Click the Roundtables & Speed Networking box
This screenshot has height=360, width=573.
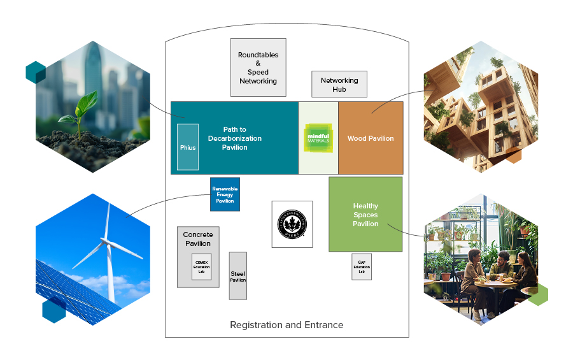coord(258,68)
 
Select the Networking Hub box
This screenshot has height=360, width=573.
coord(339,84)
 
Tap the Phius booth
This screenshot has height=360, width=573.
coord(188,147)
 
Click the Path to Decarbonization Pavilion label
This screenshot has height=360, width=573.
coord(234,138)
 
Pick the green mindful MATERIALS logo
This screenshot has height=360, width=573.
coord(318,138)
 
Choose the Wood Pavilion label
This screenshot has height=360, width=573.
coord(371,138)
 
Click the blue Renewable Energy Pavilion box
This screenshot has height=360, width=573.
coord(225,194)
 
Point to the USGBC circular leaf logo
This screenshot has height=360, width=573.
coord(292,224)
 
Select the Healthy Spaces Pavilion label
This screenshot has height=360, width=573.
coord(365,215)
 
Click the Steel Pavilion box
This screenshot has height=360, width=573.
coord(237,276)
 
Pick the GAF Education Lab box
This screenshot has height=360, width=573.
coord(361,266)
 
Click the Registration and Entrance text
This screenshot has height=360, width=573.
coord(286,325)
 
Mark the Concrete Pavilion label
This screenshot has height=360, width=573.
coord(198,239)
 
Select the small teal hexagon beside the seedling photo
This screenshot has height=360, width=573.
coord(35,72)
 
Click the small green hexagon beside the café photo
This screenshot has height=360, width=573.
coord(538,294)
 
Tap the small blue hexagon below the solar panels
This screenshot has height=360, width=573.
coord(54,312)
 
